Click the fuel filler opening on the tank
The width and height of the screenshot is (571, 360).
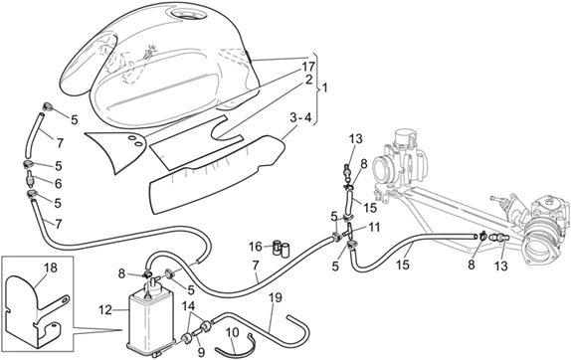click(187, 15)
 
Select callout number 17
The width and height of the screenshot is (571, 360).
click(307, 67)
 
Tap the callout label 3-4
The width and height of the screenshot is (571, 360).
click(300, 118)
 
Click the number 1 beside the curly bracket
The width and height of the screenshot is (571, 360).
click(325, 88)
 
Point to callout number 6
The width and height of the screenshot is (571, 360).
click(59, 184)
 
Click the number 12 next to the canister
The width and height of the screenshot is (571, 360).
click(104, 310)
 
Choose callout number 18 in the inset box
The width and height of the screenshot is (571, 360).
click(51, 268)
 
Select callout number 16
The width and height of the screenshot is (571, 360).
click(256, 247)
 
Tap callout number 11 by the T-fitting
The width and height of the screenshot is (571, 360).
click(374, 228)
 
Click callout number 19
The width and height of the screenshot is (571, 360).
click(276, 297)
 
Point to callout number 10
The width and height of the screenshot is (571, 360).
click(233, 332)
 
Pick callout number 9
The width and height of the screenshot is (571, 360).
click(201, 352)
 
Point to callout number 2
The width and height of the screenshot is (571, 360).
click(308, 81)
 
